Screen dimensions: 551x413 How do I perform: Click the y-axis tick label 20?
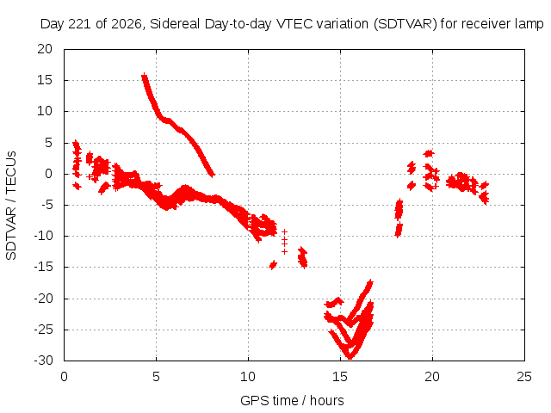coord(45,49)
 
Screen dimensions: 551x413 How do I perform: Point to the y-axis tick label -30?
coord(43,361)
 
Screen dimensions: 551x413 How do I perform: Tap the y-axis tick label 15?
coord(45,80)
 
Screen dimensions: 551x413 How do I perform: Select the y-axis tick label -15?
coord(43,268)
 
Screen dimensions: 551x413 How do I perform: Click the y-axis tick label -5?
coord(46,205)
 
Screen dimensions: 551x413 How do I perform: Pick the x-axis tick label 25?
coord(524,377)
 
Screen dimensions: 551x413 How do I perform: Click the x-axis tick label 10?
coord(248,377)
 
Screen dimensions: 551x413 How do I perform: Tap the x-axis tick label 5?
coord(156,377)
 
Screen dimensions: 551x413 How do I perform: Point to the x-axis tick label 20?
coord(432,377)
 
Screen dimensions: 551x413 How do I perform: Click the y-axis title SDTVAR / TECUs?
coord(11,206)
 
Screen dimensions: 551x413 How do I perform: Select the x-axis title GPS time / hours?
coord(292,400)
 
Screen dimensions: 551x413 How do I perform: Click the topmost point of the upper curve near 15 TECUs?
coord(144,76)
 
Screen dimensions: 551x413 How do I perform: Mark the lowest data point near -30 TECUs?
coord(350,357)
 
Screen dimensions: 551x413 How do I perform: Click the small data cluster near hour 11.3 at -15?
coord(273,265)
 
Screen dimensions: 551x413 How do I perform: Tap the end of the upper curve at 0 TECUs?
coord(212,174)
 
